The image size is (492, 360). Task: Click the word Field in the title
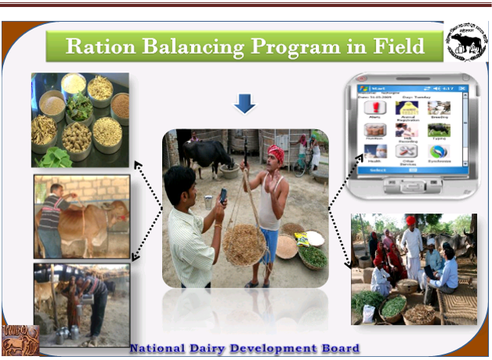[x=395, y=46]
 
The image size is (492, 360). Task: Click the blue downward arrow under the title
[x=245, y=103]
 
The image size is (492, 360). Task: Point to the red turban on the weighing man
[x=275, y=153]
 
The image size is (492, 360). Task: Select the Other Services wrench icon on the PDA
[x=405, y=150]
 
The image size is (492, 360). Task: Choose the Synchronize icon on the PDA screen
[x=438, y=150]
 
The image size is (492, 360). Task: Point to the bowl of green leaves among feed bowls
[x=78, y=105]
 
